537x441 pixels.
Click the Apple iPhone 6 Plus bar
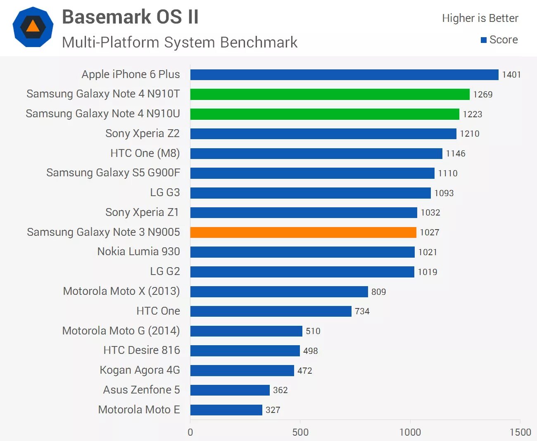pos(344,75)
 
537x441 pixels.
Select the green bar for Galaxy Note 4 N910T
pos(330,95)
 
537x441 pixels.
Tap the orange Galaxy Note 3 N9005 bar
pos(303,232)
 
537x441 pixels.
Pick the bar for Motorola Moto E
pos(226,410)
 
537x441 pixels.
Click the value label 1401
pos(511,75)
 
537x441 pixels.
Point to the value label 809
pos(378,292)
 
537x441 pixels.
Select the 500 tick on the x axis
pos(300,432)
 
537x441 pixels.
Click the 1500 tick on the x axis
pos(520,432)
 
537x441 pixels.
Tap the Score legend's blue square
pos(484,40)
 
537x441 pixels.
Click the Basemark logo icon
pos(33,27)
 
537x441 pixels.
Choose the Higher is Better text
pos(480,18)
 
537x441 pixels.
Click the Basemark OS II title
pos(130,17)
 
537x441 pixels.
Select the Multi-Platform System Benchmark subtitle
pos(180,42)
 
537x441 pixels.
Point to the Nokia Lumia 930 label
pos(138,251)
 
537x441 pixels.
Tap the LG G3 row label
pos(165,192)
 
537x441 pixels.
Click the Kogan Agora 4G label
pos(140,370)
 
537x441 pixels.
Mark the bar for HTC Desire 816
pos(245,351)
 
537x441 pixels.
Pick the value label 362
pos(280,390)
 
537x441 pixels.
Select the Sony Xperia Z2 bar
pos(323,134)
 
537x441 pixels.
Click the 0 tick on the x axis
pos(190,432)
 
